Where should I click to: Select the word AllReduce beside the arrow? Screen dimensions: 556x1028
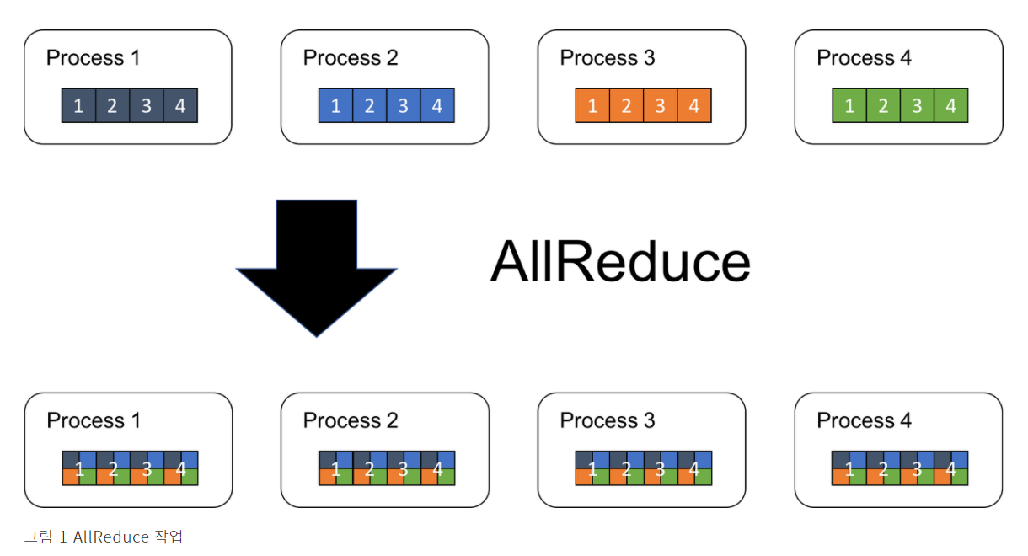pos(619,262)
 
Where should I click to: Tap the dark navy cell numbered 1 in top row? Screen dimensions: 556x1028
pos(78,106)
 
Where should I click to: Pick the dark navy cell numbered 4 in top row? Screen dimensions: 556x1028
pos(180,106)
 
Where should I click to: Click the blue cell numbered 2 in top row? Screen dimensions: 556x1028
pos(369,106)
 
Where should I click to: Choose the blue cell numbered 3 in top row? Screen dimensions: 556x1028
pos(404,106)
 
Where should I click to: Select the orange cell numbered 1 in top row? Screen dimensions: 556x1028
pos(592,106)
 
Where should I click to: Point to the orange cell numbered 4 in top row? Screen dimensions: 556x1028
pos(694,106)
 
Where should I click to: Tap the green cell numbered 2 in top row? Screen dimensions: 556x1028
pos(883,106)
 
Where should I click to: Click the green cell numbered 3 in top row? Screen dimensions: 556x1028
pos(918,106)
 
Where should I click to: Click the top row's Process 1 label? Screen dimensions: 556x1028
pos(93,58)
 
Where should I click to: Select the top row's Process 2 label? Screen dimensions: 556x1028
pos(350,58)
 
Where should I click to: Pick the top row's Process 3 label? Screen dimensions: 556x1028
pos(607,58)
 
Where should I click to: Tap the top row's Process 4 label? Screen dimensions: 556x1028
pos(864,58)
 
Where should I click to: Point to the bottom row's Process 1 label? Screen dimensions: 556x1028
pos(94,420)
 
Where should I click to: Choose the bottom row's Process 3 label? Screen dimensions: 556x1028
pos(607,420)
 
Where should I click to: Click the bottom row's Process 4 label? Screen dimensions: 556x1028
pos(864,420)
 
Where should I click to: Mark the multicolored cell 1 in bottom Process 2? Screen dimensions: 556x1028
pos(336,468)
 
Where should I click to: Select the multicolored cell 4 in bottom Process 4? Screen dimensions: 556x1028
pos(951,468)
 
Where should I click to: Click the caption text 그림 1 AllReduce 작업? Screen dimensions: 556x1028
pos(103,537)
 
